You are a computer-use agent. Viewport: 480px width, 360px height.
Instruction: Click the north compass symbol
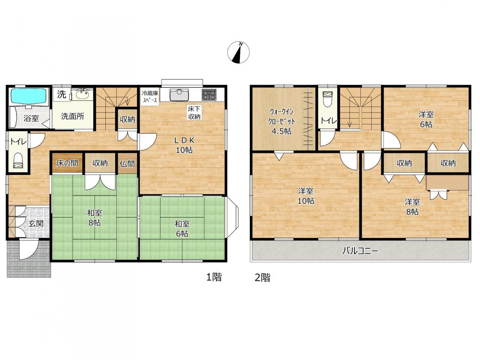pyautogui.click(x=238, y=52)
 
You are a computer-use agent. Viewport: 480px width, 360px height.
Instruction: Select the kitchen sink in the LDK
pyautogui.click(x=179, y=95)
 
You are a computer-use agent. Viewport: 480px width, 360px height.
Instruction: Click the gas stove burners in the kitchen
pyautogui.click(x=209, y=95)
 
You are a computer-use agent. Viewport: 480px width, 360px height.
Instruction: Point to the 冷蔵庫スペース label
pyautogui.click(x=150, y=97)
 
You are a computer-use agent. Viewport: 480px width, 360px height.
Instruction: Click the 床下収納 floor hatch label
pyautogui.click(x=194, y=113)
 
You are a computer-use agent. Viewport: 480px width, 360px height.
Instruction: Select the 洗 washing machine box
pyautogui.click(x=61, y=94)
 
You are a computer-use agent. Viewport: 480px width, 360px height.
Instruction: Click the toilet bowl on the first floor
pyautogui.click(x=18, y=161)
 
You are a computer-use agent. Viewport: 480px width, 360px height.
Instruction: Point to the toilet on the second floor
pyautogui.click(x=328, y=99)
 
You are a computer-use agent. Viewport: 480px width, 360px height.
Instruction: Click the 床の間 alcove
pyautogui.click(x=67, y=163)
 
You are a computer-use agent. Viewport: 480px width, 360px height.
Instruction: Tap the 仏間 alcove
pyautogui.click(x=127, y=163)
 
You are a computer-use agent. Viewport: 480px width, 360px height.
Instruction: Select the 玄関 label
pyautogui.click(x=36, y=224)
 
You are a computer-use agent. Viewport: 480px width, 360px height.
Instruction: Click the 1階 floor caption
pyautogui.click(x=214, y=277)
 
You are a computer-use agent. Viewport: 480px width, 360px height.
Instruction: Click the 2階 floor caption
pyautogui.click(x=262, y=278)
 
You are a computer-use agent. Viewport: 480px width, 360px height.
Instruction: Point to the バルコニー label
pyautogui.click(x=360, y=251)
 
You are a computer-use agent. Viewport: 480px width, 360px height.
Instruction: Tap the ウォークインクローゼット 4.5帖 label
pyautogui.click(x=282, y=121)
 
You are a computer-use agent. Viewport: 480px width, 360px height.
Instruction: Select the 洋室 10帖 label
pyautogui.click(x=306, y=196)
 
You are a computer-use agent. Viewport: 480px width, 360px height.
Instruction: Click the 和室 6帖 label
pyautogui.click(x=182, y=229)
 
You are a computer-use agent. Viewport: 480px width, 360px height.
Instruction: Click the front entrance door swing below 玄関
pyautogui.click(x=29, y=249)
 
